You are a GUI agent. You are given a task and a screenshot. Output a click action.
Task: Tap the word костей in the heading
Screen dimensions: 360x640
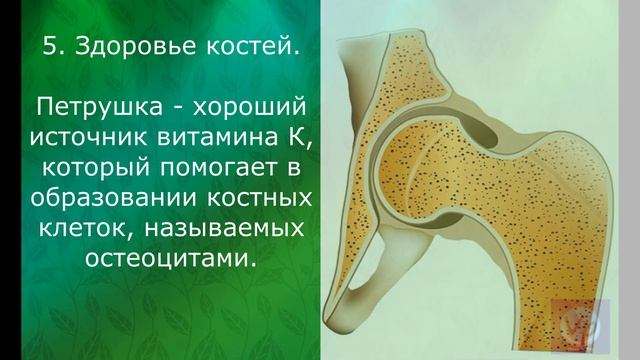coord(248,46)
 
